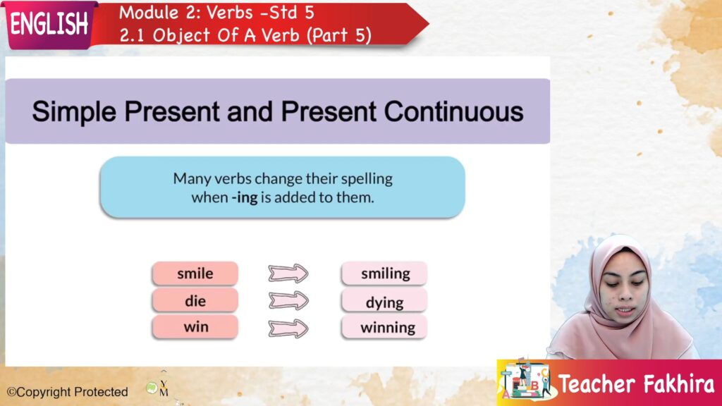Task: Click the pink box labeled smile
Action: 195,273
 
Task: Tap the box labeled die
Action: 195,300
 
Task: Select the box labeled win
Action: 195,327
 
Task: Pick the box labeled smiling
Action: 384,273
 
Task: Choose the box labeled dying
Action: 384,302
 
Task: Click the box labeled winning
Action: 384,327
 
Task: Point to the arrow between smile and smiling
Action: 288,273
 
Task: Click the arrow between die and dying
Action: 288,300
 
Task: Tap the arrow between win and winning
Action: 288,328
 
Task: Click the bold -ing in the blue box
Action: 245,198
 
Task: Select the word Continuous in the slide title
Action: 453,112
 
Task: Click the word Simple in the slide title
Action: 74,113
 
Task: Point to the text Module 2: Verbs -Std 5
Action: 216,13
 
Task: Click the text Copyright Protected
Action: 67,392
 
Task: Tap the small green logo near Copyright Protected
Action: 152,388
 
